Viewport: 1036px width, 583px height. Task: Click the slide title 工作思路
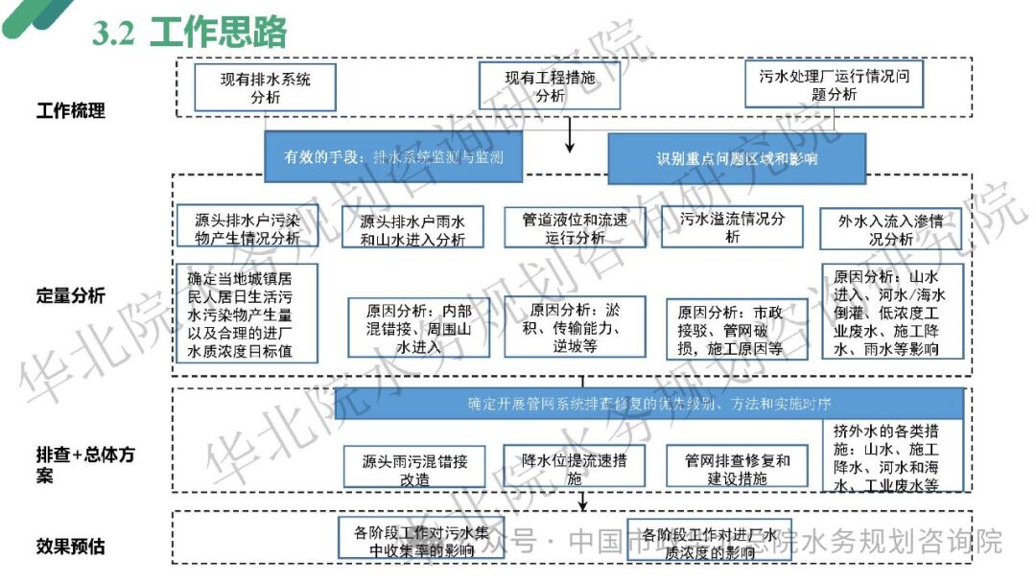click(219, 34)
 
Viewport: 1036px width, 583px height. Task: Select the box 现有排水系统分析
click(265, 87)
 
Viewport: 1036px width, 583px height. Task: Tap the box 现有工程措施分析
click(550, 86)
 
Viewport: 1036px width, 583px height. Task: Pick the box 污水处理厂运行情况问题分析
click(834, 84)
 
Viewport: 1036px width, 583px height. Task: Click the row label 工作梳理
click(71, 110)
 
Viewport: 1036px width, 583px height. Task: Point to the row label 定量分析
click(71, 295)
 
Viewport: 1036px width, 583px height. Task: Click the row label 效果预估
click(71, 547)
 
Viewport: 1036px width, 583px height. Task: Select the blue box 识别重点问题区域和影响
click(737, 158)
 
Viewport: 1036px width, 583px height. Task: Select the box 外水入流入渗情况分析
click(891, 229)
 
